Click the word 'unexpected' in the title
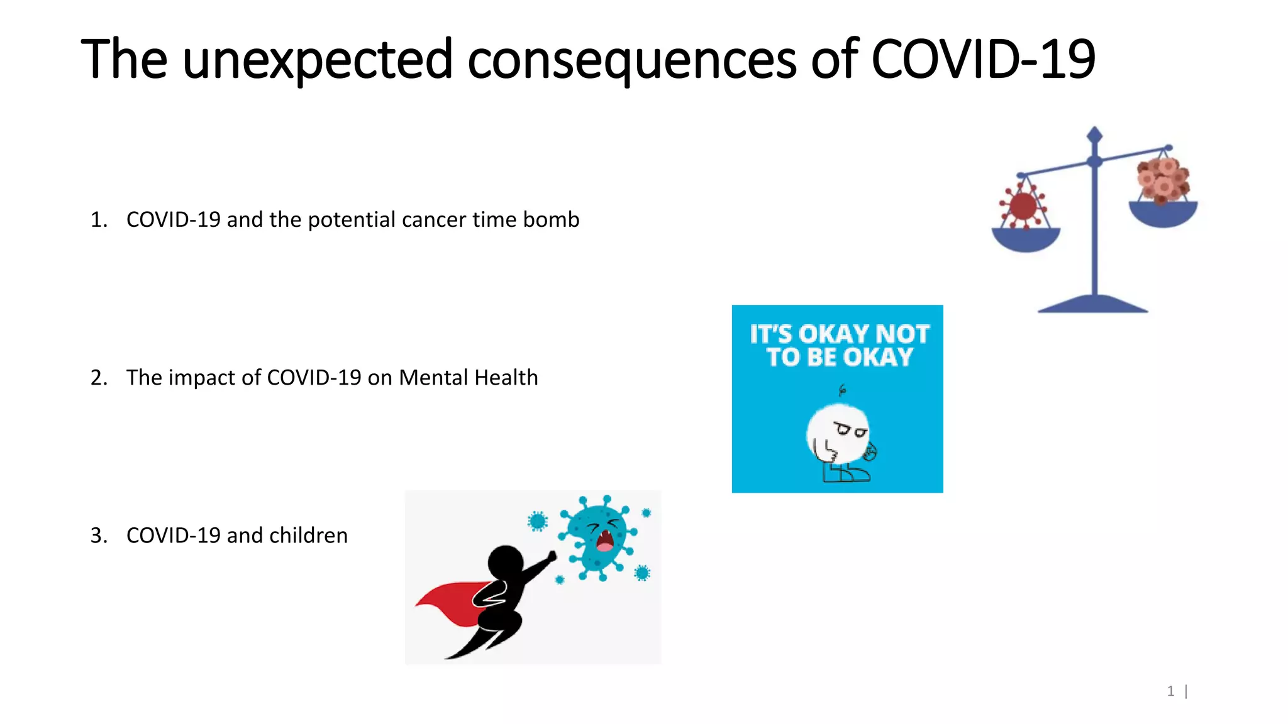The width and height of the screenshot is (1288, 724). [x=318, y=60]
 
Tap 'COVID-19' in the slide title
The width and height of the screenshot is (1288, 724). [x=983, y=60]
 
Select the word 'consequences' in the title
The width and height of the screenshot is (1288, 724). [x=631, y=60]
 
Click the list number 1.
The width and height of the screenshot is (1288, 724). [x=98, y=220]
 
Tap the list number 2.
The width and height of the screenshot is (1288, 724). [x=98, y=378]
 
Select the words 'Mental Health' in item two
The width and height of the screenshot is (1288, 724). [x=469, y=378]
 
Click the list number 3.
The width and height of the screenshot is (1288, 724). [x=98, y=535]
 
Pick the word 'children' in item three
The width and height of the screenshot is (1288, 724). [x=308, y=535]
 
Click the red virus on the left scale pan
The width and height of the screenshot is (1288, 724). [x=1023, y=206]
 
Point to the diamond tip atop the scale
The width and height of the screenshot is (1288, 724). [x=1095, y=134]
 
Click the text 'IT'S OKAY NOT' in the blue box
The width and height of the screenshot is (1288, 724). [x=839, y=334]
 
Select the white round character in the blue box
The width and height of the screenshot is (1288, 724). [x=838, y=435]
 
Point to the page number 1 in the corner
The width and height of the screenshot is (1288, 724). [x=1170, y=691]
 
